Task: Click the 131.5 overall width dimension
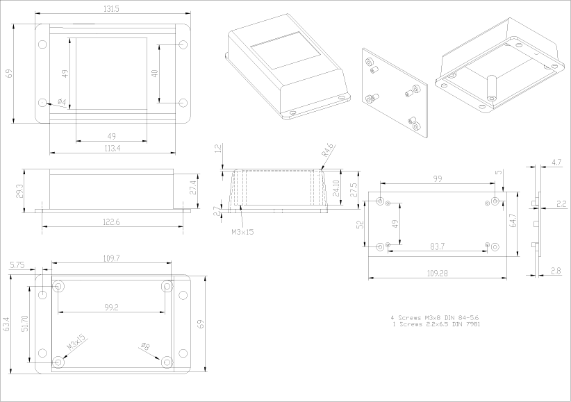110,8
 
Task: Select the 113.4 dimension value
111,148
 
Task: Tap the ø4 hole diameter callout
61,103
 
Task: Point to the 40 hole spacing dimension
155,73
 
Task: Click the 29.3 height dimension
19,190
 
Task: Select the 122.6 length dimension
112,221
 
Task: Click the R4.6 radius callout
329,149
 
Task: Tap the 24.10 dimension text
336,188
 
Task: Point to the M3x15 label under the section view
242,232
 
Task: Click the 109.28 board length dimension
436,274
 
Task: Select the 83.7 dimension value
438,246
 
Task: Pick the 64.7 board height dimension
513,220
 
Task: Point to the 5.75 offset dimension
18,265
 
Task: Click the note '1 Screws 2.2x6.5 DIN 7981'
435,324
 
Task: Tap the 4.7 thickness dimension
556,162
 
